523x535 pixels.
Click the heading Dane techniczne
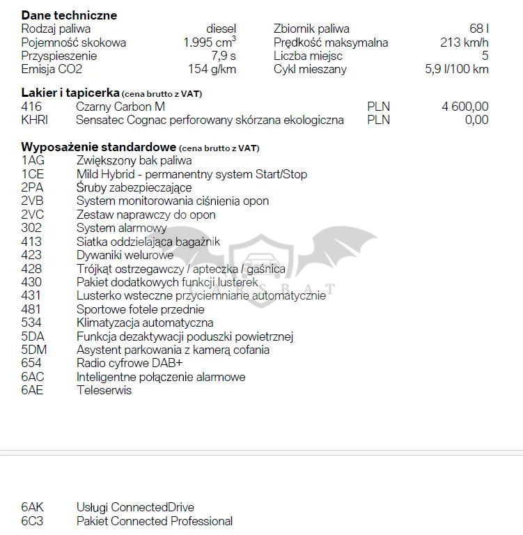point(69,15)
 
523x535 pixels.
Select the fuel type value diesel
point(221,29)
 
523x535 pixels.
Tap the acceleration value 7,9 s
point(224,56)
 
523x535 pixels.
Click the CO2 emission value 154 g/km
point(212,69)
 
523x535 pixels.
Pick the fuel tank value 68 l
point(478,29)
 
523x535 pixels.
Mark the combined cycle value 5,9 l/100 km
point(456,69)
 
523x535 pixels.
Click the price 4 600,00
point(465,107)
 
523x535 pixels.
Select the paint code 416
point(31,107)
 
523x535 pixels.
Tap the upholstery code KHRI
point(35,120)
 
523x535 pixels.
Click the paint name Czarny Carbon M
point(120,107)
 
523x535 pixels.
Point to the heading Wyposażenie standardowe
point(98,147)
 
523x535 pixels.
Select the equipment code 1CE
point(33,174)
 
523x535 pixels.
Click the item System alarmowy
point(121,228)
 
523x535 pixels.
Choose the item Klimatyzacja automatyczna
point(145,323)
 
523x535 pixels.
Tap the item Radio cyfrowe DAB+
point(130,363)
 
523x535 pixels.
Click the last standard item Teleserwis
point(104,390)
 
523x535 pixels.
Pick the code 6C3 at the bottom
point(32,521)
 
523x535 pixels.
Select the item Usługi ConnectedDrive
point(135,508)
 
